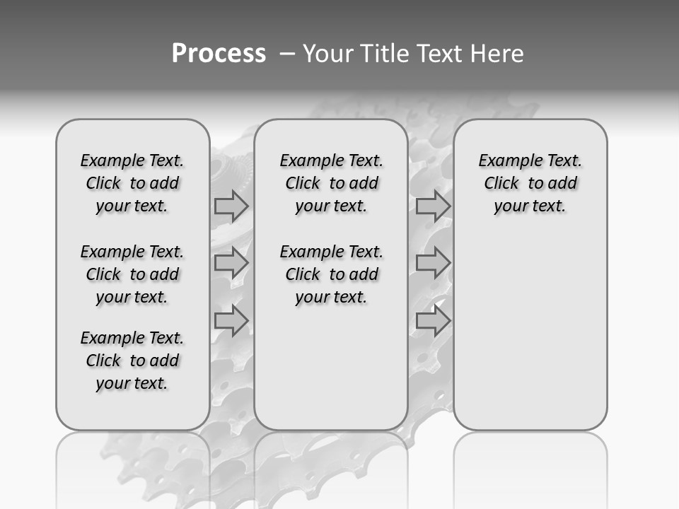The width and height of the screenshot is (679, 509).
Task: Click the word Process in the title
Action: (219, 54)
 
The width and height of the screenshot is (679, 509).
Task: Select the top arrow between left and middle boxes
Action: (231, 206)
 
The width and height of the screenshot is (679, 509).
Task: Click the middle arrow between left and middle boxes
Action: (231, 264)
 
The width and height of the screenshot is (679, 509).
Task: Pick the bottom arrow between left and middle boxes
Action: (231, 321)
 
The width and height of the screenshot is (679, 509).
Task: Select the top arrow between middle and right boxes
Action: (433, 207)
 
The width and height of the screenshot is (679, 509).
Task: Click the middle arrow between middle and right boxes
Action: (433, 264)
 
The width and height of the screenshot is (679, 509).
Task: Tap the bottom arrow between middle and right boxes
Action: (433, 321)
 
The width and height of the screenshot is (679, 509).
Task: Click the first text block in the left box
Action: (132, 183)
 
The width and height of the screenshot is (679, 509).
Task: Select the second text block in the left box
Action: (132, 274)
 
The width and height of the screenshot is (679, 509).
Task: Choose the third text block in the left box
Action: (132, 361)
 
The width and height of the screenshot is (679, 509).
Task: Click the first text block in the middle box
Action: (331, 183)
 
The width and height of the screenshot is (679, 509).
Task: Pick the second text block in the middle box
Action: (331, 274)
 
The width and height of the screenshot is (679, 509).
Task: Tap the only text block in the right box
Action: (530, 183)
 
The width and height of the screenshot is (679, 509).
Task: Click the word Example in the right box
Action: (503, 160)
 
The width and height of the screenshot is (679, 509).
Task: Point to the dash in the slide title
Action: (287, 54)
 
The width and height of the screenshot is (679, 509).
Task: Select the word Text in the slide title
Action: (439, 54)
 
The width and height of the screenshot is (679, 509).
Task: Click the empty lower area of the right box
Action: (530, 339)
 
